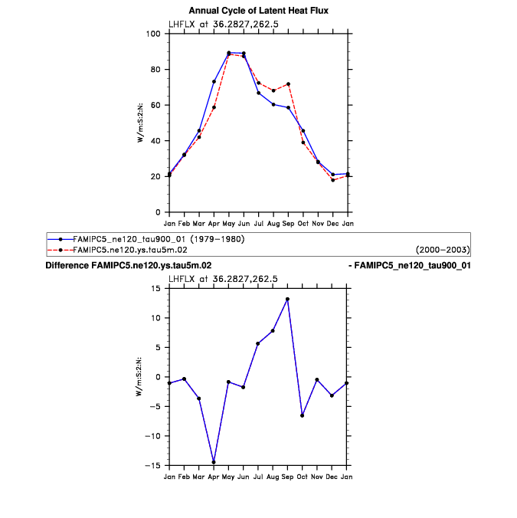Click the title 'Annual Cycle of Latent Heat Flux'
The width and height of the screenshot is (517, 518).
click(x=258, y=10)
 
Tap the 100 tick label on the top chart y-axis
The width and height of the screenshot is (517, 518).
click(x=153, y=34)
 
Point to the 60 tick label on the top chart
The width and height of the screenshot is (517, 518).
click(x=155, y=105)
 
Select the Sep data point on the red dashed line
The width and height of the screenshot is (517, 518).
click(x=288, y=84)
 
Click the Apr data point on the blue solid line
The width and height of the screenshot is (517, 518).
click(x=214, y=81)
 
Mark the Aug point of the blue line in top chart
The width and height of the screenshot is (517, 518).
click(x=273, y=104)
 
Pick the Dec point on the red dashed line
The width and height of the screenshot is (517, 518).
click(x=332, y=180)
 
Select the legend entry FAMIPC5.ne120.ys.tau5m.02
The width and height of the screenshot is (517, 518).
click(x=125, y=250)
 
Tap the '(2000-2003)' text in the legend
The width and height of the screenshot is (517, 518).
click(x=442, y=250)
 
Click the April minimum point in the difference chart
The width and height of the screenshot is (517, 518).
click(x=214, y=462)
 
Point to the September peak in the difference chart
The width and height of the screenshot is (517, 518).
click(x=288, y=299)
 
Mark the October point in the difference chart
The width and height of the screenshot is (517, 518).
click(x=303, y=415)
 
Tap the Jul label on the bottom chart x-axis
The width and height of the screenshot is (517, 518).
click(x=258, y=477)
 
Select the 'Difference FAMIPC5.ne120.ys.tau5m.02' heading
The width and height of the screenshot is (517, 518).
click(x=129, y=265)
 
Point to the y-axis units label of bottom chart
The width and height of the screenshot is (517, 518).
click(x=139, y=376)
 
